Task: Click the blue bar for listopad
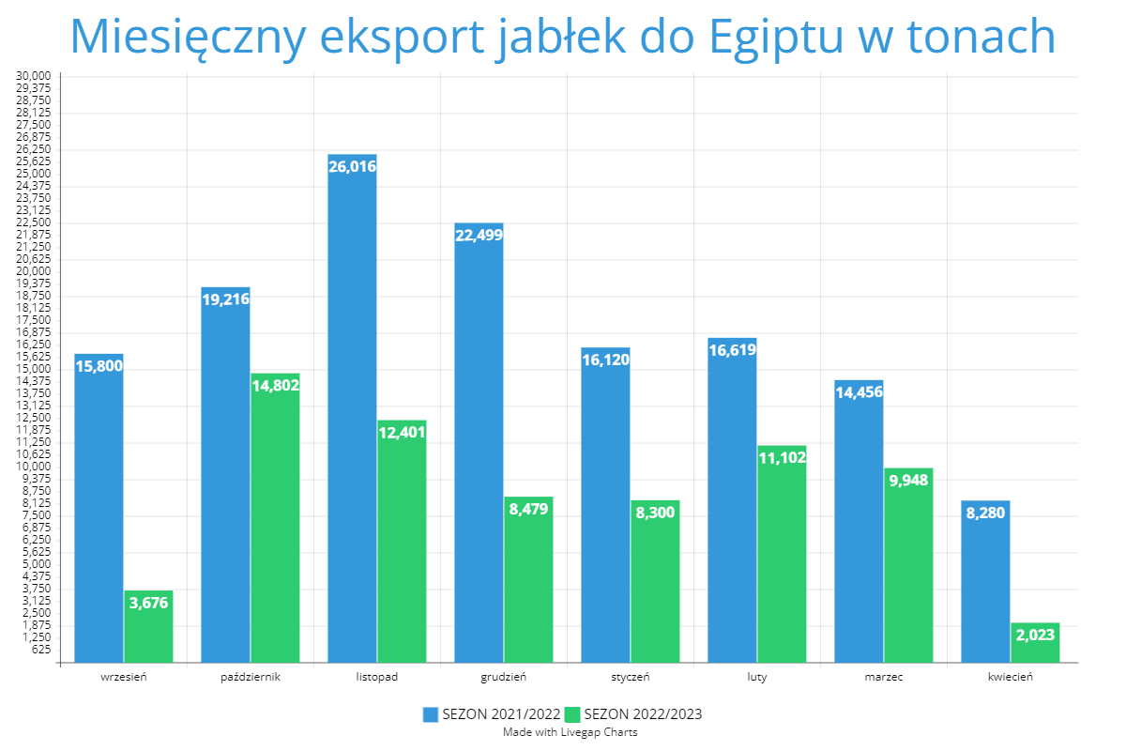[352, 413]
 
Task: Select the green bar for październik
[275, 521]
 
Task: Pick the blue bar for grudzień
[479, 446]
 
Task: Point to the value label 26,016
[352, 167]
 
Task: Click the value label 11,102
[782, 457]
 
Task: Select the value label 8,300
[655, 513]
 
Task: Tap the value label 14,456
[859, 392]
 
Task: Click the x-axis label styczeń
[631, 677]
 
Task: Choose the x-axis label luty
[757, 677]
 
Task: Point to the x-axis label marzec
[884, 677]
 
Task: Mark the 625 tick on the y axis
[40, 650]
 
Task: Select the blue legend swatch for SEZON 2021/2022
[431, 714]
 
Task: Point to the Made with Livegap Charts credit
[570, 732]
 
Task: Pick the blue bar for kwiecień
[985, 582]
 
